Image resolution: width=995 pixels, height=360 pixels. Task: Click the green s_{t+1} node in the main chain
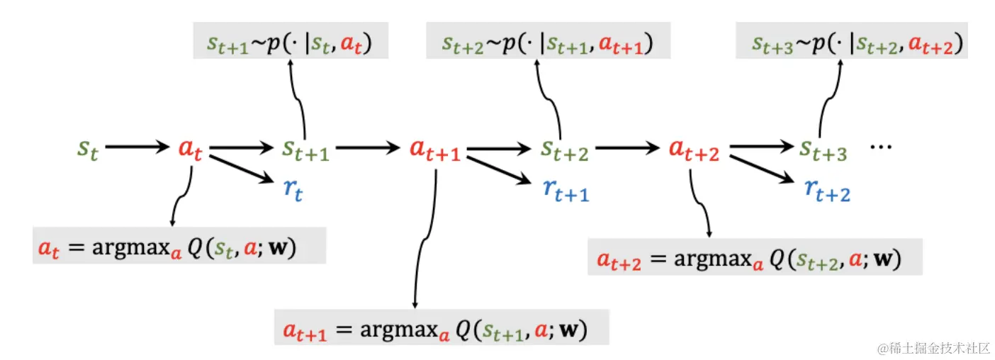pos(305,150)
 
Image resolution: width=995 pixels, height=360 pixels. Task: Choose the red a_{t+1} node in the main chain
pos(434,150)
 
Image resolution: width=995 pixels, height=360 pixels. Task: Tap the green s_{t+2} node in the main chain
pos(564,150)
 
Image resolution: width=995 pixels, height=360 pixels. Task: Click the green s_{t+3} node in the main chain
pos(823,150)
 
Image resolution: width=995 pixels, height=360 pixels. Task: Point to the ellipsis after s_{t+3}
pos(881,146)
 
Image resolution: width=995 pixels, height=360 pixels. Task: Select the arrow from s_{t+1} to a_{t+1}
pos(367,147)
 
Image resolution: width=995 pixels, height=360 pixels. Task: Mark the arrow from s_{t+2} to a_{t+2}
pos(626,147)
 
